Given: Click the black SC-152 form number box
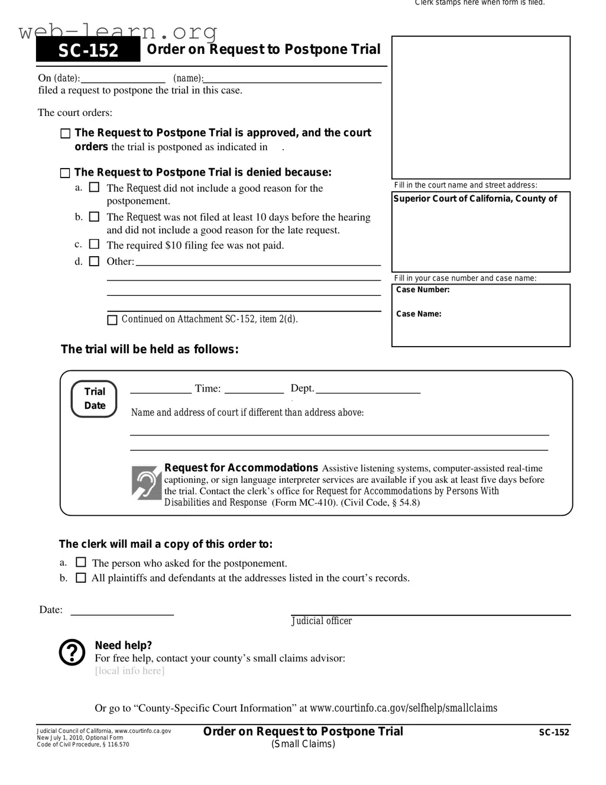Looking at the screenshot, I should tap(88, 50).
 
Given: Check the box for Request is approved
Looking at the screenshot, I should tap(66, 134).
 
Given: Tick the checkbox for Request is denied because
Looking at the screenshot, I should tap(65, 173).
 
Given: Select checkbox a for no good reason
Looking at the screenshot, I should tap(94, 188).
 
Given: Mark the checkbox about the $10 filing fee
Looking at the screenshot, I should tap(94, 244).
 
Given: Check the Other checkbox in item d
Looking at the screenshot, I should tap(94, 261).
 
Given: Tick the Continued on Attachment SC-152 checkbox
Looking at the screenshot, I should tap(112, 320).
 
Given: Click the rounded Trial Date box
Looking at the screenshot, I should tap(95, 399).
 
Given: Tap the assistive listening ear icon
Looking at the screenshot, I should tap(147, 483).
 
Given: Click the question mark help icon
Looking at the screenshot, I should tap(72, 652).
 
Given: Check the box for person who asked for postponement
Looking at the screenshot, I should tap(81, 563).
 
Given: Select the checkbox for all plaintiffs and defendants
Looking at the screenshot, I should tap(81, 577).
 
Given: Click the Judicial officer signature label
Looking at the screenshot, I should tap(322, 621).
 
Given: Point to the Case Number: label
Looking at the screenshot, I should tap(423, 290).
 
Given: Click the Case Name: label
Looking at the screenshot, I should tap(419, 314).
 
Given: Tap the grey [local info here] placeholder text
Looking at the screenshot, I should tap(129, 671).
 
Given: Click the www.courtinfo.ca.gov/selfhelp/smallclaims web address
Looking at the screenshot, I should tap(403, 708).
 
